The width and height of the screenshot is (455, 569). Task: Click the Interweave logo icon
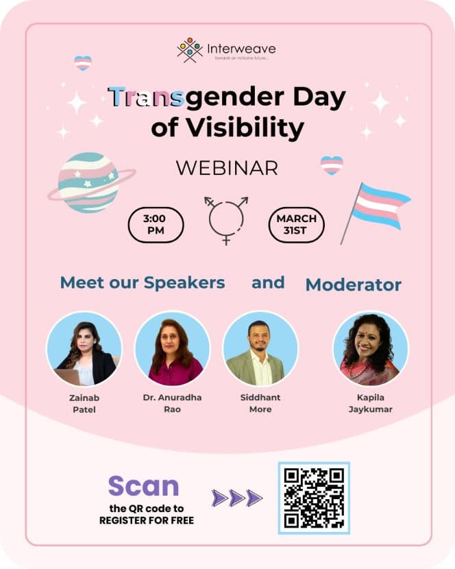click(190, 50)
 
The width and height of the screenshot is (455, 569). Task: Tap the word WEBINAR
click(227, 168)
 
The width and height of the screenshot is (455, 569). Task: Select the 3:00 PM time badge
click(156, 225)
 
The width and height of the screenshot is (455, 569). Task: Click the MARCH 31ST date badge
click(296, 225)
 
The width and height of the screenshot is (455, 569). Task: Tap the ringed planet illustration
click(90, 182)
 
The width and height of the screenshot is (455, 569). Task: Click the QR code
click(314, 498)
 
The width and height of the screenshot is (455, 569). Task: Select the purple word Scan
click(144, 486)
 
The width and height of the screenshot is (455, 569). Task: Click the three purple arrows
click(237, 498)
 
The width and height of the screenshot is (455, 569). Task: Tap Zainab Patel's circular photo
click(84, 348)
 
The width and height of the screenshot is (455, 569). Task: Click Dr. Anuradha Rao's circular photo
click(173, 348)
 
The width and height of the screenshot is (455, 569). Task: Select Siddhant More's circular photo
click(260, 348)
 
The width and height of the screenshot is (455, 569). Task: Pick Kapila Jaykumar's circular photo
click(371, 348)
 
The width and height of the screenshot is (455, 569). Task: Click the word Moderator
click(354, 285)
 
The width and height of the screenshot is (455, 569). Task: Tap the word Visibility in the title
click(245, 128)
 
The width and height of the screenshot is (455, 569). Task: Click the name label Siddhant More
click(260, 403)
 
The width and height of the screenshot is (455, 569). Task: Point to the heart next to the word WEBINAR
click(332, 165)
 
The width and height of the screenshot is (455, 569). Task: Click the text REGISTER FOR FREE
click(147, 520)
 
